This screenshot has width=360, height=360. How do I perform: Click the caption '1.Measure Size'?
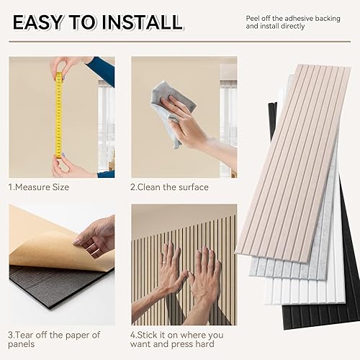[x=39, y=187]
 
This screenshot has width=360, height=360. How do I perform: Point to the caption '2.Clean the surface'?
[x=169, y=187]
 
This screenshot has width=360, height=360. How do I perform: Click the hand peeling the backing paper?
[x=97, y=234]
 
